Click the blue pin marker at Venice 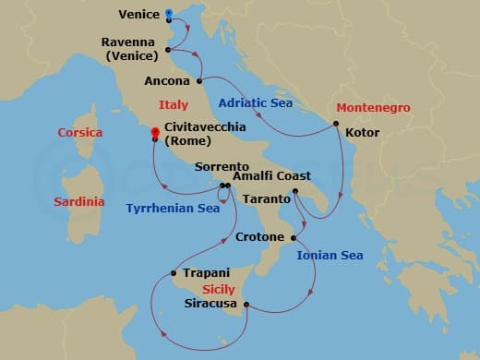tap(168, 15)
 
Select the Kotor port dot tap(336, 123)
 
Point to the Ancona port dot tap(199, 81)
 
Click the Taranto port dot tap(294, 192)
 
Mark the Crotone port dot tap(294, 237)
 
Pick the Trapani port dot tap(174, 272)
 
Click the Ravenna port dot tap(167, 50)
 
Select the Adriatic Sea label tap(255, 104)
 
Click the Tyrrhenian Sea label tap(174, 209)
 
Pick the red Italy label tap(174, 105)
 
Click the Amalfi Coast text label tap(271, 176)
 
